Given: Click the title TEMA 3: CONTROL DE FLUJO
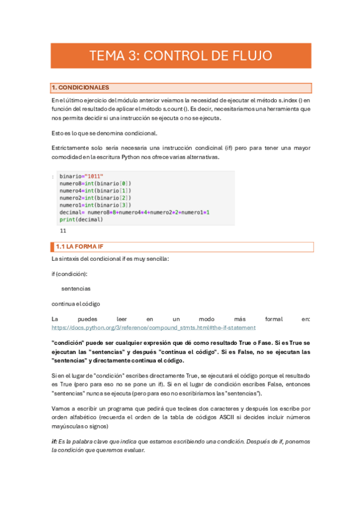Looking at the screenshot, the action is [181, 56].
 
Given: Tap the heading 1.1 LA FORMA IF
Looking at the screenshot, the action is [81, 247].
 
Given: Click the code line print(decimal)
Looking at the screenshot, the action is [81, 220].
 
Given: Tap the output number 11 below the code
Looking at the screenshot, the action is [63, 231].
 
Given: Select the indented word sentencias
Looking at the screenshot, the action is [76, 289].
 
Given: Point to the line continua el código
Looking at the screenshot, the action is [76, 303].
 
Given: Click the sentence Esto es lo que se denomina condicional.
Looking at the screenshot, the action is [105, 133].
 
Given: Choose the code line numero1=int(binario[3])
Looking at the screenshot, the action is [95, 205].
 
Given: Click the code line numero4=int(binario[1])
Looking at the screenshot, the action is [95, 191].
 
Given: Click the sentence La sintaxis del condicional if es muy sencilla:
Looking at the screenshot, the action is [111, 260].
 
